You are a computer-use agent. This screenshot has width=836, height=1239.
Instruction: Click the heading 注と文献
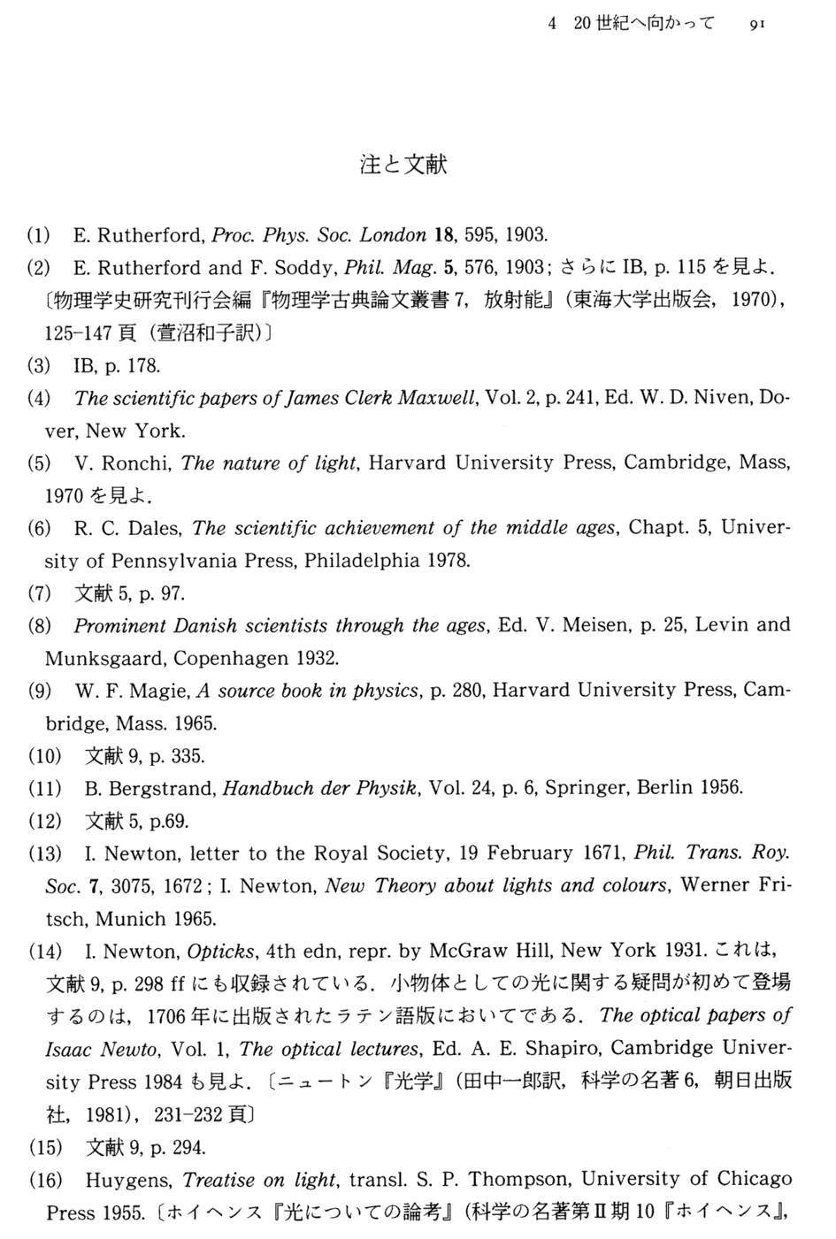(x=404, y=164)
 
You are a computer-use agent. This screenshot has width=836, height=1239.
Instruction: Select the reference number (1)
(x=39, y=235)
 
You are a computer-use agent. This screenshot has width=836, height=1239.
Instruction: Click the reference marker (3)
(x=39, y=365)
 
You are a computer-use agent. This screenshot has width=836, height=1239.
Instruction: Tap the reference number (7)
(x=39, y=593)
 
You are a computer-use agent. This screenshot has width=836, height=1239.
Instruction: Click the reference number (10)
(x=44, y=756)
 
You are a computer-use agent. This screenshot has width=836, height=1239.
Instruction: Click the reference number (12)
(x=44, y=821)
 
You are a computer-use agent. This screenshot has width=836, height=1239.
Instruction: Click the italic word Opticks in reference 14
(x=221, y=952)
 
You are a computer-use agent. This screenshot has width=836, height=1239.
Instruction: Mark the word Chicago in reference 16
(x=754, y=1180)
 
